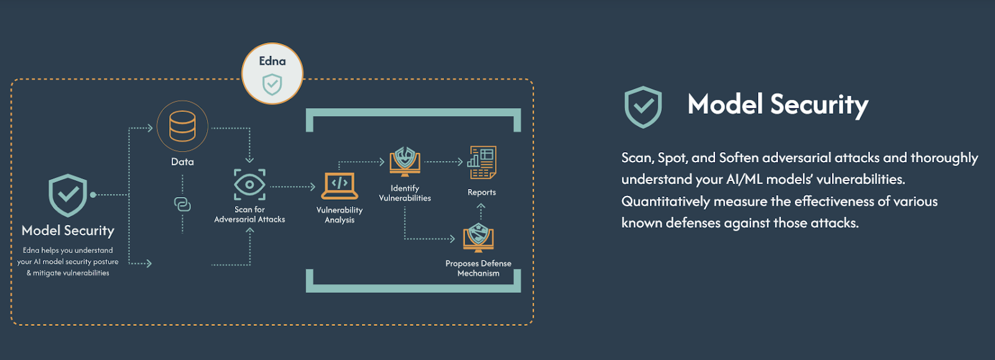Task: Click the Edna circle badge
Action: tap(272, 73)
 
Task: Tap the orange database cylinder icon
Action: tap(182, 126)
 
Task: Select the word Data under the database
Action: tap(182, 162)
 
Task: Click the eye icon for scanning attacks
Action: tap(249, 185)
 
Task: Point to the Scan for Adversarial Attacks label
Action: tap(249, 215)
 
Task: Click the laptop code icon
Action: tap(340, 185)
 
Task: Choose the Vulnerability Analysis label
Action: tap(340, 215)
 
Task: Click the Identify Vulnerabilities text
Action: tap(405, 193)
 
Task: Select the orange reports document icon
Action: tap(482, 162)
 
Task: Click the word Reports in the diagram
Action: tap(482, 193)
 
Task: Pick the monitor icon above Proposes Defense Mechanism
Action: tap(478, 237)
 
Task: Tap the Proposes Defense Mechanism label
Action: tap(478, 269)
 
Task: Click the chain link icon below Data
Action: tap(182, 205)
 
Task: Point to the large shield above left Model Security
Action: tap(68, 195)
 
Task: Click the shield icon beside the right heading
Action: tap(643, 107)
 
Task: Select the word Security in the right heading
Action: tap(819, 105)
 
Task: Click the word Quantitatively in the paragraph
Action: tap(665, 201)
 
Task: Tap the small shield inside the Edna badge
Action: tap(272, 84)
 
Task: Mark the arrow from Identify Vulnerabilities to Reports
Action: tap(443, 162)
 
